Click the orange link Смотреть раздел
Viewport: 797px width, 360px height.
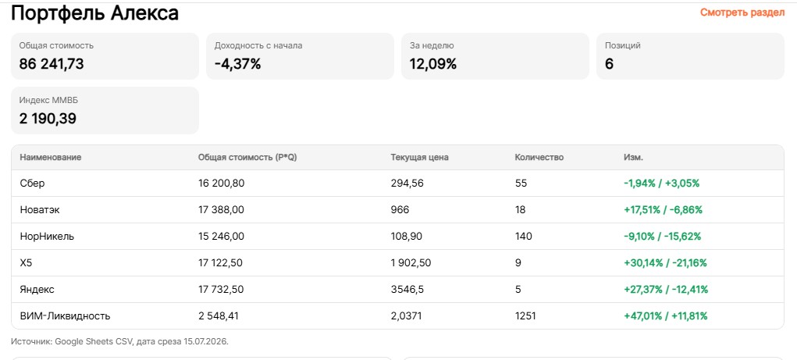coord(742,12)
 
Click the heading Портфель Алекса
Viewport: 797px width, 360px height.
coord(94,13)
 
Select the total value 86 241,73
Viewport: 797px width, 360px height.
coord(52,64)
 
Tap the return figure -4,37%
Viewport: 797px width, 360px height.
coord(237,64)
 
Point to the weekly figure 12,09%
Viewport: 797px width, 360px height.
coord(433,64)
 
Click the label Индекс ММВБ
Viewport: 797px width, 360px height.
coord(49,100)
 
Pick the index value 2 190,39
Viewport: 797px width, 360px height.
coord(48,119)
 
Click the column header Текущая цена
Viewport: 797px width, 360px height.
coord(419,158)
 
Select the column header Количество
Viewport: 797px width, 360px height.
coord(539,158)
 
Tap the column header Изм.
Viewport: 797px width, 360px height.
coord(633,158)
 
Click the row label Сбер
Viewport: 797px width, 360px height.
coord(33,184)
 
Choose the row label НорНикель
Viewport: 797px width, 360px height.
coord(48,237)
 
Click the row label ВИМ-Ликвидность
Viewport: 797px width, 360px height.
coord(65,316)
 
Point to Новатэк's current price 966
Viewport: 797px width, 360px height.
coord(400,210)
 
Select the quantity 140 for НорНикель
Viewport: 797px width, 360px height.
coord(524,237)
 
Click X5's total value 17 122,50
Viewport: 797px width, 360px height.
coord(221,263)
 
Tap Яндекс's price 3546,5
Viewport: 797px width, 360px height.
coord(407,289)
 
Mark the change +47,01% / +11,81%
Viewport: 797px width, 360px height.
coord(665,316)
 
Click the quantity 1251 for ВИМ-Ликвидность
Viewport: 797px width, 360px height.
coord(525,316)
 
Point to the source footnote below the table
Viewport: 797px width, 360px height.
coord(120,342)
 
